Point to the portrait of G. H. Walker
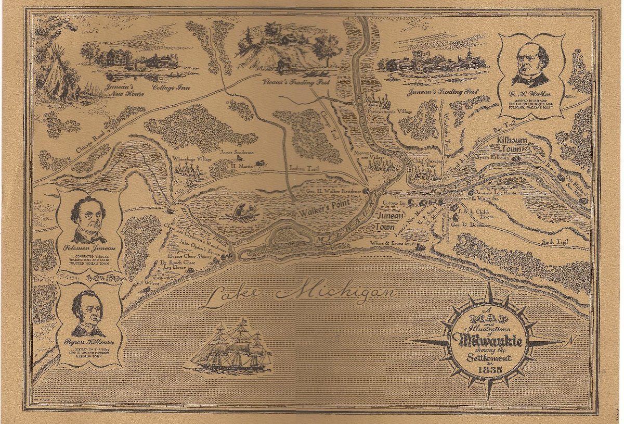(530, 66)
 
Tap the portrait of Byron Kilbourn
(88, 312)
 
